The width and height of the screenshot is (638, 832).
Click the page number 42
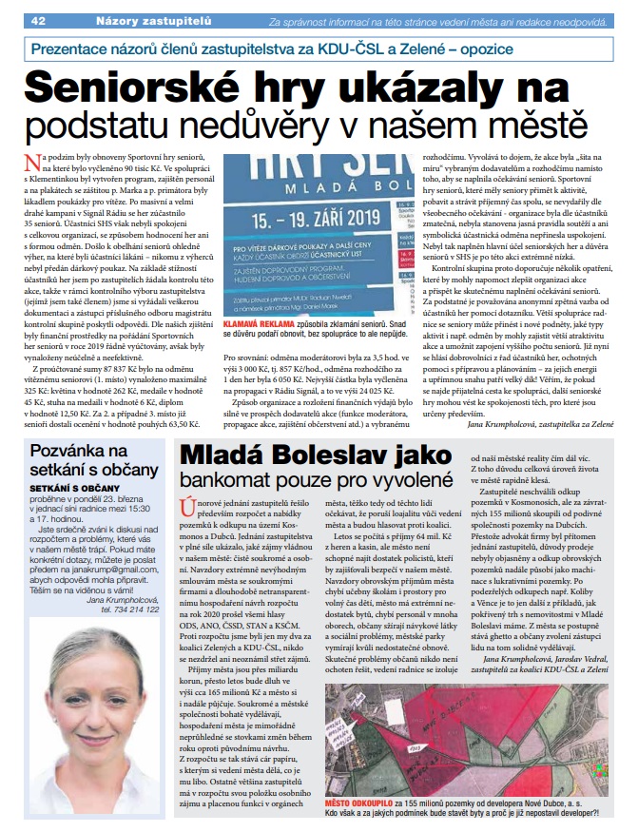pos(39,20)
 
